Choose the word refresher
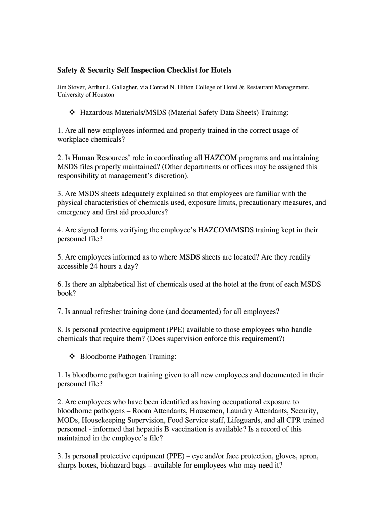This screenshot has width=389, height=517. point(112,312)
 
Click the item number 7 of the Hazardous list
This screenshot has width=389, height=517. point(60,312)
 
